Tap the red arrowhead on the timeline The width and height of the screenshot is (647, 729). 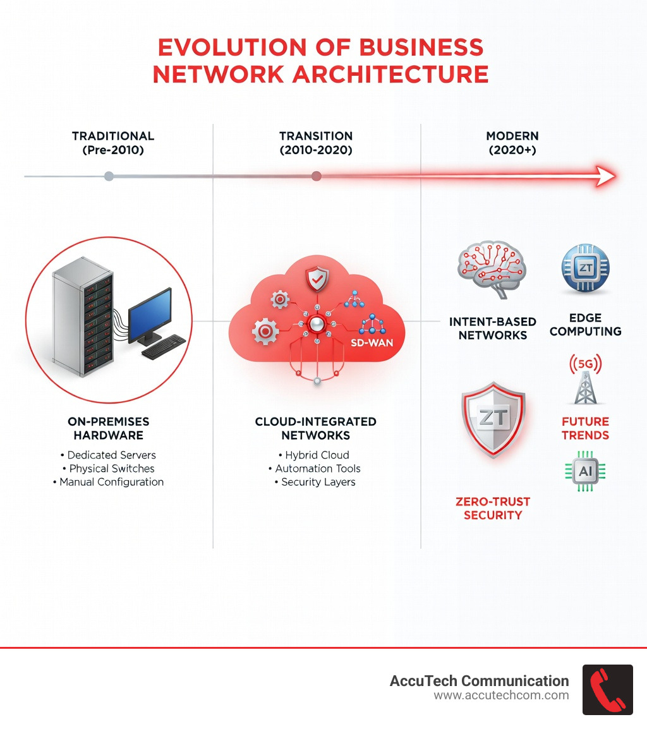coord(603,176)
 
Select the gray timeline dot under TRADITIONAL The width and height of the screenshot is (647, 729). coord(109,176)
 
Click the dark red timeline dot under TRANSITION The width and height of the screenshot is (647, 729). coord(317,176)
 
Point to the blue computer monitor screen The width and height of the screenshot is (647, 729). coord(150,310)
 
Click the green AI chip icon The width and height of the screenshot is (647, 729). coord(584,471)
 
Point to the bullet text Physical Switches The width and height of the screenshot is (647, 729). coord(111,469)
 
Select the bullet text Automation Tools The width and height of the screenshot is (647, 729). coord(318,469)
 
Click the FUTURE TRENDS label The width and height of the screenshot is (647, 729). coord(585,428)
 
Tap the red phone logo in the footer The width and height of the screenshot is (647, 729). coord(607,689)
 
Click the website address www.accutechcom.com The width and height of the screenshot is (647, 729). coord(501,696)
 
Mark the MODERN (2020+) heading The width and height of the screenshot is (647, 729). coord(512,143)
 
